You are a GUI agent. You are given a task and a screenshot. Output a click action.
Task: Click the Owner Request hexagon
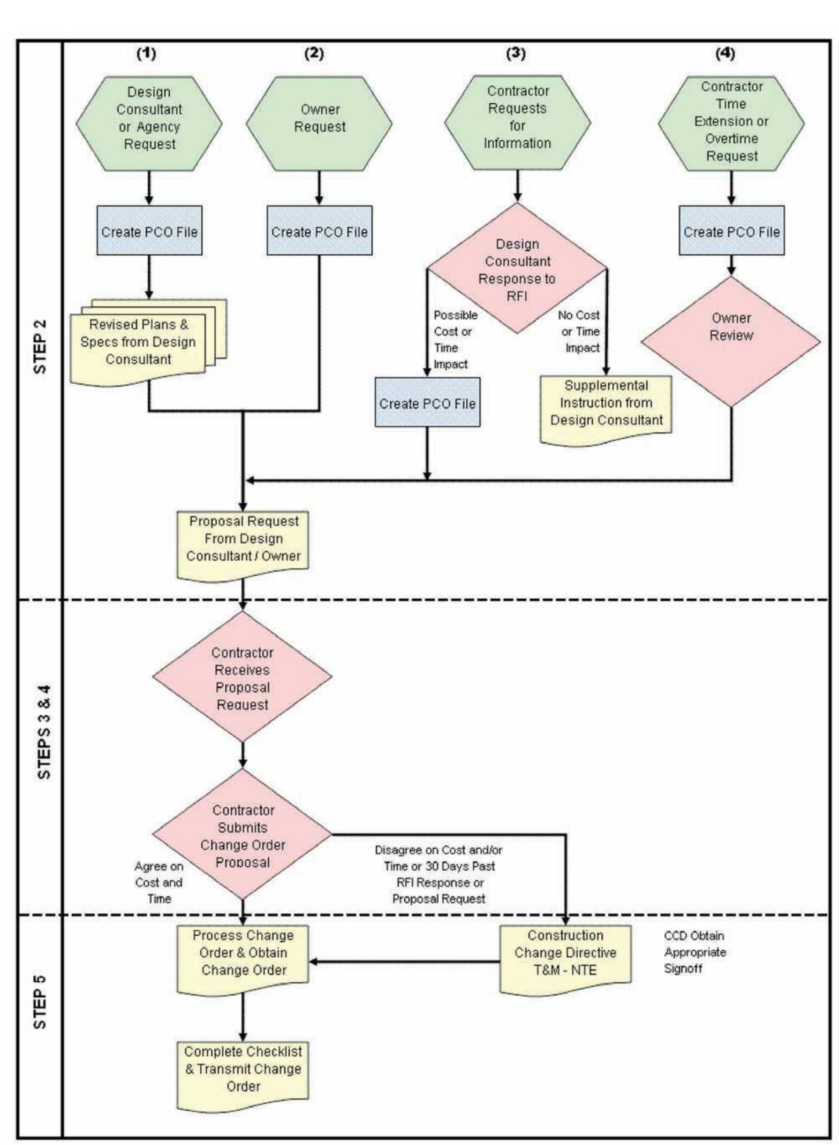(x=319, y=124)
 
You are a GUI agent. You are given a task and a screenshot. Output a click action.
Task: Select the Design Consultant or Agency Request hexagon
(x=149, y=124)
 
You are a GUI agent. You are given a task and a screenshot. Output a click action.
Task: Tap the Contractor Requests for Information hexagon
(x=517, y=123)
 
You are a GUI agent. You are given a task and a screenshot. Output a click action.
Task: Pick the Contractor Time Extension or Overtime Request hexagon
(x=731, y=124)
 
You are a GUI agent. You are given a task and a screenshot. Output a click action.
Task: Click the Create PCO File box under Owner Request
(x=320, y=231)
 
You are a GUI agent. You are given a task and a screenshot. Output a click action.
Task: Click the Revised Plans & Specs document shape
(x=138, y=342)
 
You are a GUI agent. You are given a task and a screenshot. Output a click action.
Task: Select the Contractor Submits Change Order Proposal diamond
(x=243, y=835)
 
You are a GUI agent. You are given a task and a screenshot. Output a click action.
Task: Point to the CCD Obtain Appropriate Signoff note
(x=695, y=952)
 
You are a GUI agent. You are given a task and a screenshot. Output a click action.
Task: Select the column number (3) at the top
(x=516, y=54)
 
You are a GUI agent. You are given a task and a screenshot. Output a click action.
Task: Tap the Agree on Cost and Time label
(x=158, y=882)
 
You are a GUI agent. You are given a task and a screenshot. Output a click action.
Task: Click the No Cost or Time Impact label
(x=580, y=331)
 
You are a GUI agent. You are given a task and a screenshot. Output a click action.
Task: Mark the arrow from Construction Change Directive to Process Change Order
(x=404, y=961)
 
